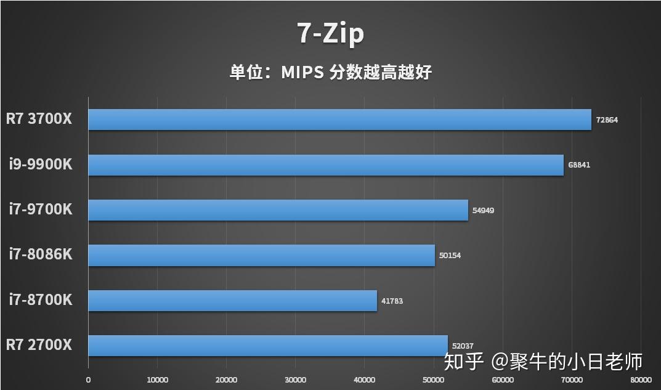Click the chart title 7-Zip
coord(331,33)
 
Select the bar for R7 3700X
coord(339,120)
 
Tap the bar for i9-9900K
coord(326,165)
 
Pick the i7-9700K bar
coord(278,210)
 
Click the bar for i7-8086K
coord(261,255)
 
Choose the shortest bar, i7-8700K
coord(232,301)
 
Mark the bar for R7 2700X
coord(268,346)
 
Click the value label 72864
coord(607,120)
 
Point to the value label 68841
coord(579,165)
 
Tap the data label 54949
coord(483,210)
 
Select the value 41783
coord(392,301)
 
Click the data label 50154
coord(450,256)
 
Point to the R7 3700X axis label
coord(39,118)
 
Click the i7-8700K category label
coord(41,299)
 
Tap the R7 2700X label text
coord(39,344)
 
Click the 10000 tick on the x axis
coord(157,380)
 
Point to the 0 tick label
coord(88,380)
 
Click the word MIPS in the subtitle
coord(302,72)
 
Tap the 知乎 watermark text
coord(464,361)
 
